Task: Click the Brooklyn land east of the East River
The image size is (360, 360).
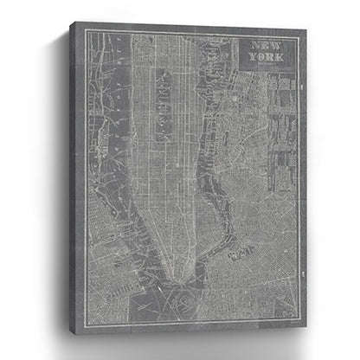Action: pyautogui.click(x=251, y=242)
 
